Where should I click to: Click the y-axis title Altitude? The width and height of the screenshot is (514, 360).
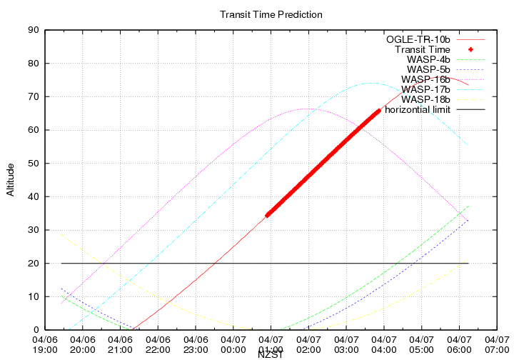(x=10, y=179)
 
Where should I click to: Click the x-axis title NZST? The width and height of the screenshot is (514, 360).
(x=271, y=354)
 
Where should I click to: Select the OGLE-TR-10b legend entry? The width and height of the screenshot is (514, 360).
(x=418, y=39)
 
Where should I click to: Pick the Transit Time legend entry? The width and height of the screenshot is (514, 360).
(x=423, y=49)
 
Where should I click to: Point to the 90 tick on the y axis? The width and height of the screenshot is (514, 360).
(x=33, y=30)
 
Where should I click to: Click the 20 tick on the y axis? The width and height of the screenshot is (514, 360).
(x=33, y=263)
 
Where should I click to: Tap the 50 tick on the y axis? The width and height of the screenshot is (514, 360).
(x=33, y=163)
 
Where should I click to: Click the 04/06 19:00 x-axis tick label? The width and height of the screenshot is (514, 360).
(x=45, y=344)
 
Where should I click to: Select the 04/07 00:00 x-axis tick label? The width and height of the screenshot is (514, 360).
(x=233, y=344)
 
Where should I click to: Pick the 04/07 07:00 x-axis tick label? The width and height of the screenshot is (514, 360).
(x=496, y=344)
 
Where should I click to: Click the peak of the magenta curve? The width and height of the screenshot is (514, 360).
(x=306, y=109)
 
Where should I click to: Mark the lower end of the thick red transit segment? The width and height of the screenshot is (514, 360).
(x=268, y=214)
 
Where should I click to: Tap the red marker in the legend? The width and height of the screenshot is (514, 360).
(x=471, y=49)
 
